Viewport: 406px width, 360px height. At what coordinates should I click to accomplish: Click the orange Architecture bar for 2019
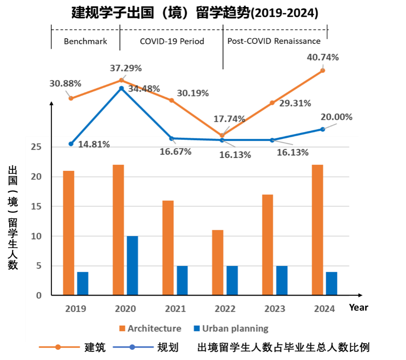pos(69,233)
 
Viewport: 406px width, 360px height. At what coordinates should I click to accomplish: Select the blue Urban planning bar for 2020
pos(132,266)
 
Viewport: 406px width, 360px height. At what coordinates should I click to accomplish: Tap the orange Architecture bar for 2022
pos(217,263)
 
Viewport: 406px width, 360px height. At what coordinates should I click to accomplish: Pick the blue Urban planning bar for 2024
pos(332,284)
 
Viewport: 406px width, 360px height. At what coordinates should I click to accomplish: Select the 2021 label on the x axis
pos(175,309)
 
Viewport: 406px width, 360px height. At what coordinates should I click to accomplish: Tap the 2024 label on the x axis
pos(324,309)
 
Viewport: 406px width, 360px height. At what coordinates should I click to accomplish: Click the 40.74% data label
pos(323,58)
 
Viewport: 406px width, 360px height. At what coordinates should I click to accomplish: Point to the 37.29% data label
pos(126,68)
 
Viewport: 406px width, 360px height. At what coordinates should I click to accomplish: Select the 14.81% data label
pos(94,144)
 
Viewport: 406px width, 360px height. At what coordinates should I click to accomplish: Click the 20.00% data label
pos(337,117)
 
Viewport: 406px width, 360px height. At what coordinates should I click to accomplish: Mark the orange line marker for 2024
pos(323,70)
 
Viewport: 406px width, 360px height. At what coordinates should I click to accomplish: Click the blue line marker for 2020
pos(121,88)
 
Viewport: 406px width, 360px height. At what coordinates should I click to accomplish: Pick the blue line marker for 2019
pos(71,144)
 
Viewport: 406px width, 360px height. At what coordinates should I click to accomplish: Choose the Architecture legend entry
pos(150,328)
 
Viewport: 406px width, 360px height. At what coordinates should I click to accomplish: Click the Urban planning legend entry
pos(231,328)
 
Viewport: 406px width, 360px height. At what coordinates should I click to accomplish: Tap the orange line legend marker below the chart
pos(58,347)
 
